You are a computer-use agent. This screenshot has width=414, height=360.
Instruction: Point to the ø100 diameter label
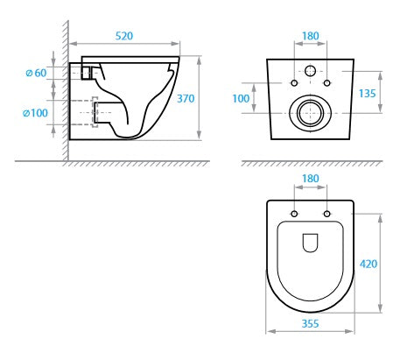click(36, 112)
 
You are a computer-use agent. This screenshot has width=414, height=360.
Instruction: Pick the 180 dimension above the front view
click(310, 38)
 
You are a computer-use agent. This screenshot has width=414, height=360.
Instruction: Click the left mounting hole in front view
click(293, 83)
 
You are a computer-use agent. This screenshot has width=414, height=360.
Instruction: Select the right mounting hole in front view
click(326, 83)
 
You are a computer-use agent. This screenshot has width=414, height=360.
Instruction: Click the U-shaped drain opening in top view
click(310, 244)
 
